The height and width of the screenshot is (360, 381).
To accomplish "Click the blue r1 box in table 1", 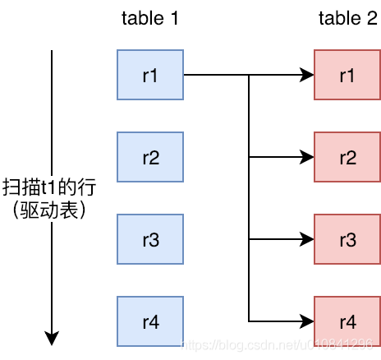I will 150,75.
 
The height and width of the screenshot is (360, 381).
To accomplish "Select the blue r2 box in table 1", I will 150,156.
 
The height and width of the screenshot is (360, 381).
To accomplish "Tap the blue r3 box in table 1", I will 150,238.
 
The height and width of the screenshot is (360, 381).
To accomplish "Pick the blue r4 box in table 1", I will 150,320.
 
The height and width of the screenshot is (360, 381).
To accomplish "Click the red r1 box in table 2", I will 347,75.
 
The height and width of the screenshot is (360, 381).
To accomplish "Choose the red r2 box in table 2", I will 347,156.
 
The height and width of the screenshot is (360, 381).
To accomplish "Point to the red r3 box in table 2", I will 347,238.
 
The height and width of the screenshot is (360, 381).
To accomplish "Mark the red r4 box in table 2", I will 347,320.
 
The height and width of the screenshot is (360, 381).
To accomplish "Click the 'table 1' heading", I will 150,17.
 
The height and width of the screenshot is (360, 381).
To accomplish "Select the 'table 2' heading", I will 347,17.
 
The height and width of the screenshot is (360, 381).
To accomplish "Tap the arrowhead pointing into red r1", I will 308,75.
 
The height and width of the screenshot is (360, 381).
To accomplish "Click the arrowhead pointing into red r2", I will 308,156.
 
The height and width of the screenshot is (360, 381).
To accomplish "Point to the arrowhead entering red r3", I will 308,238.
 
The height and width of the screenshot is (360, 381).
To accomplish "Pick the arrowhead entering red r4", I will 308,320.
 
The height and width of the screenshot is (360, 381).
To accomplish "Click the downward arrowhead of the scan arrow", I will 52,337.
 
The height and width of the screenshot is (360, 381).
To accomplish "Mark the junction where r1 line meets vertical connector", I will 249,75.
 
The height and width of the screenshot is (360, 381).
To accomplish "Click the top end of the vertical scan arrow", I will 52,52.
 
